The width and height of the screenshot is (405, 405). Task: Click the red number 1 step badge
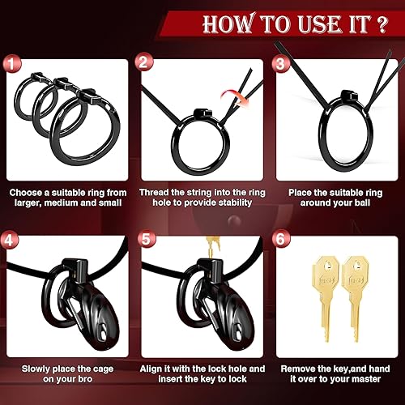[10, 61]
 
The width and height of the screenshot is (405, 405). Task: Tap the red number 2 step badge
[143, 61]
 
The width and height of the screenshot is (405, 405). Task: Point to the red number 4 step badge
[10, 240]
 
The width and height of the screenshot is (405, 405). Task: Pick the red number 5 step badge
[143, 240]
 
